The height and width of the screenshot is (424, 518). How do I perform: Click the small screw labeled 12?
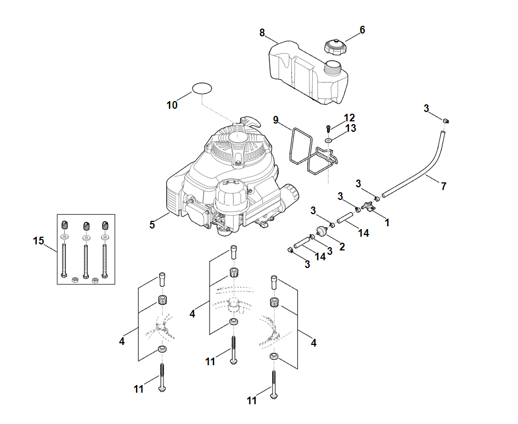329,128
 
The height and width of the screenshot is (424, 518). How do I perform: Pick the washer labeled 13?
328,140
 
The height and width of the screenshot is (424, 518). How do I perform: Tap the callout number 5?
152,224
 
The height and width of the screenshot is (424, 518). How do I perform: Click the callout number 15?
38,241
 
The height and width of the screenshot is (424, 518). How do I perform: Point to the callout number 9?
276,120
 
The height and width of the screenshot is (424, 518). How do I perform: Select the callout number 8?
262,33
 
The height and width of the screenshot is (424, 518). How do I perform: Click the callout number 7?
443,186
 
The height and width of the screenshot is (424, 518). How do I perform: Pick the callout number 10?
172,105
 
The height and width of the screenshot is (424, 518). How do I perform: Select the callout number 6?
362,30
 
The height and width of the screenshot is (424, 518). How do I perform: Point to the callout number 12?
350,118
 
